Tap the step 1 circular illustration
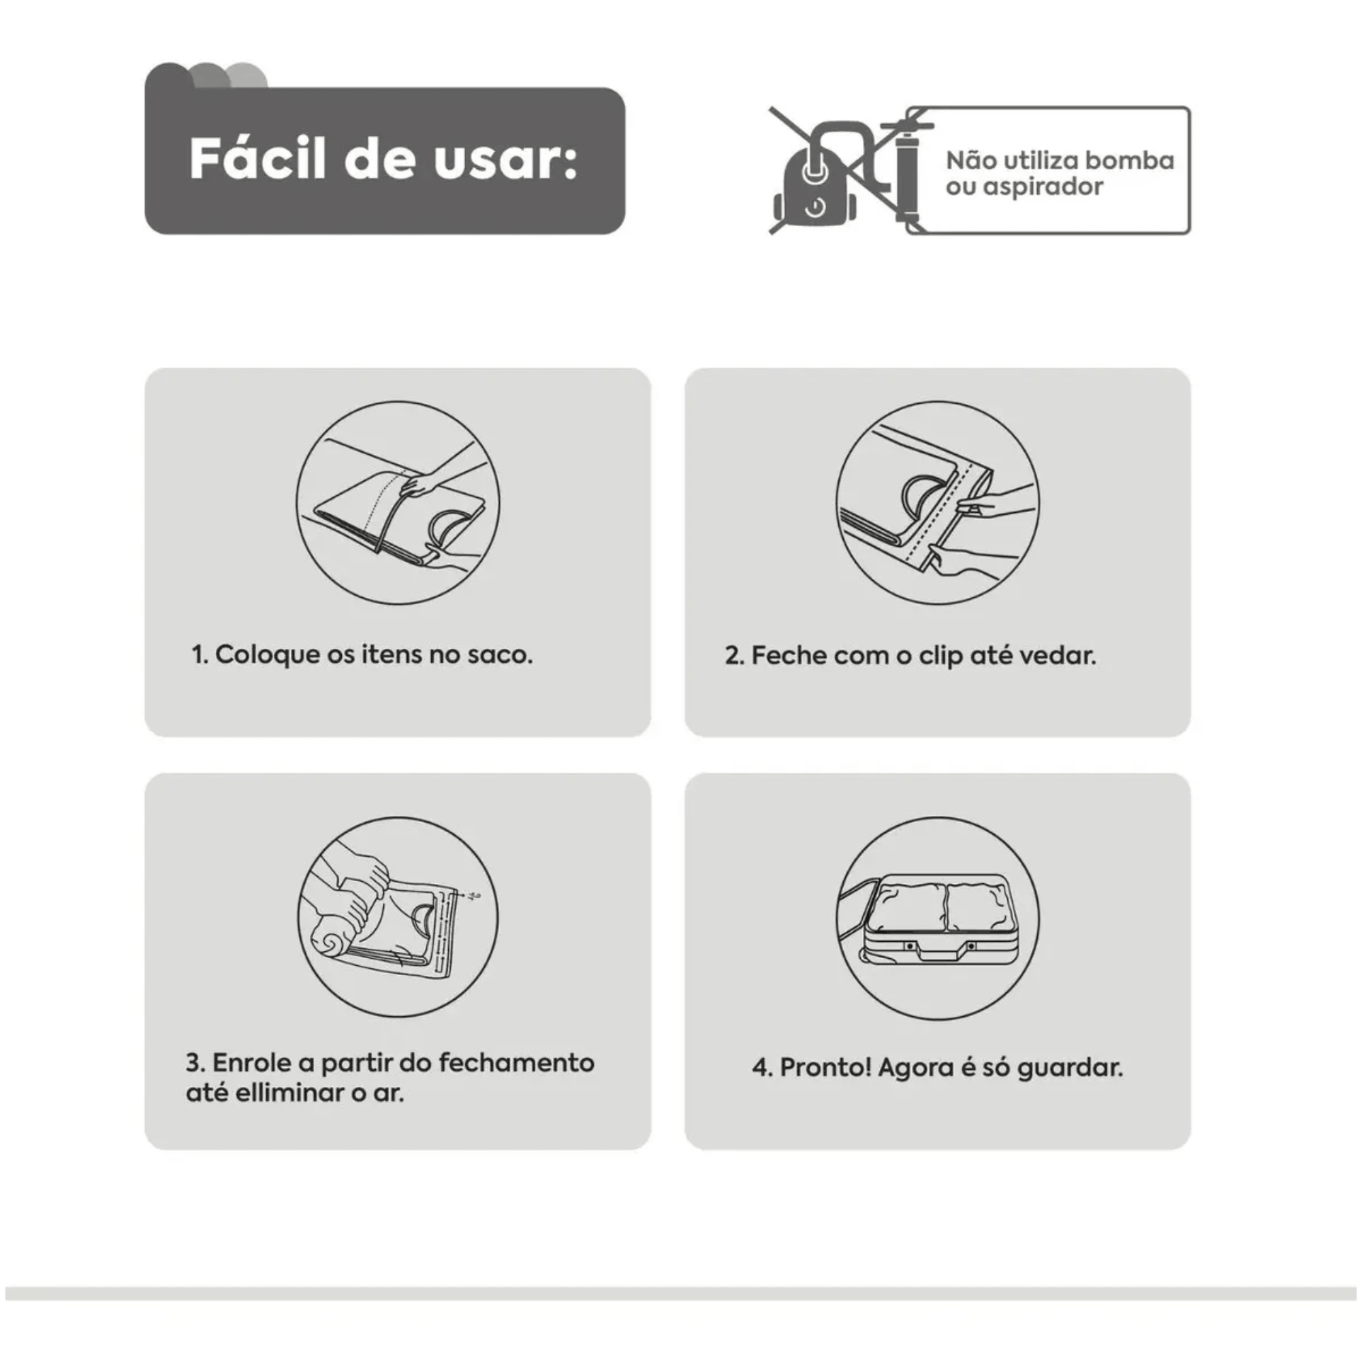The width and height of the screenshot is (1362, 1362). (398, 503)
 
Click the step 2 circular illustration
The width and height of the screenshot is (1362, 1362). (938, 503)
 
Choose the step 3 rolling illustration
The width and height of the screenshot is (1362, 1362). (398, 917)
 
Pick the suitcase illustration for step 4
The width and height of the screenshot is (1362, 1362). (938, 917)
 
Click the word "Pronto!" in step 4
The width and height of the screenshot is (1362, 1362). (825, 1067)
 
